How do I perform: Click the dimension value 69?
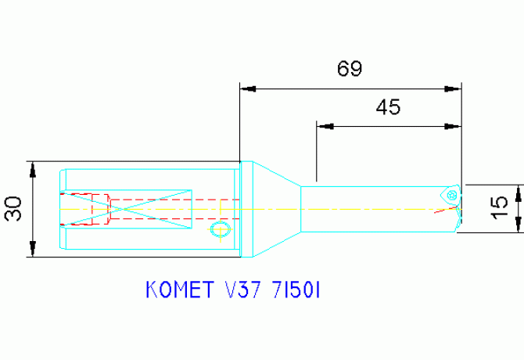(x=350, y=69)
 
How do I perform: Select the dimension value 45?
(x=389, y=107)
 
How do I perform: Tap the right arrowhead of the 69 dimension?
(x=453, y=88)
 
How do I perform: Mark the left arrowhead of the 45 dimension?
(x=325, y=125)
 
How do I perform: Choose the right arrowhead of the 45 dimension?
(x=453, y=125)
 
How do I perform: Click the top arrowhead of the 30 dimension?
(x=33, y=170)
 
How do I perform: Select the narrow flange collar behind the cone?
(x=246, y=209)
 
